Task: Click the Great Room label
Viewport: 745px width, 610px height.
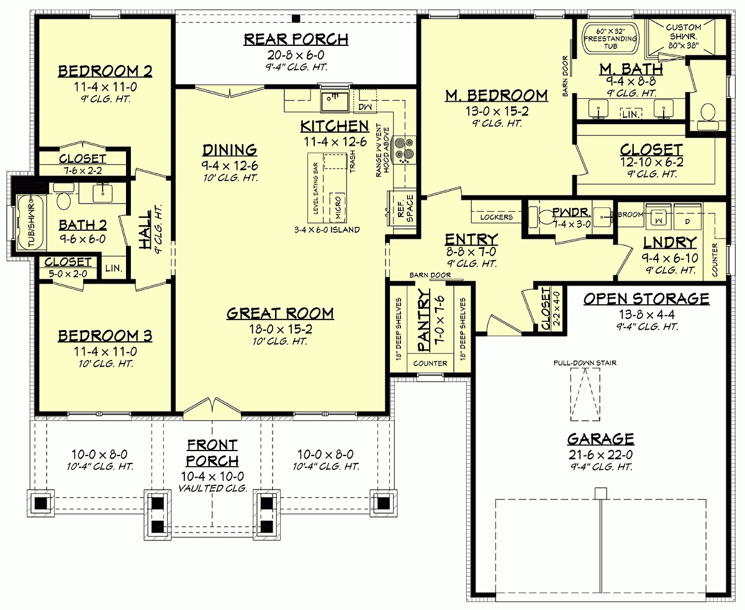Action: [279, 313]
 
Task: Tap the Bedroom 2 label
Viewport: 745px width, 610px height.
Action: [105, 71]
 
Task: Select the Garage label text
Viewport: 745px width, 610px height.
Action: [600, 439]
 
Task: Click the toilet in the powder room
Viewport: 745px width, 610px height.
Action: [546, 217]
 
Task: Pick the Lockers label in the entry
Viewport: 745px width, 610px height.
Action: [497, 217]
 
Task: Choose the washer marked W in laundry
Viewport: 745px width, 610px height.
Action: [656, 217]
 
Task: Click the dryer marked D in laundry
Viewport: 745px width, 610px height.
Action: [687, 217]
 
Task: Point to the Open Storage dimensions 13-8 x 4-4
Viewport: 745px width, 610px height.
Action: [646, 314]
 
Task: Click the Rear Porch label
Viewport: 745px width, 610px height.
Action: [296, 40]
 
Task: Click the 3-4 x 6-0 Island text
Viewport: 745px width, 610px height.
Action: [327, 230]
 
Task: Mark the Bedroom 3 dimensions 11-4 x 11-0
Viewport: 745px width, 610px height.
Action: [105, 352]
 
